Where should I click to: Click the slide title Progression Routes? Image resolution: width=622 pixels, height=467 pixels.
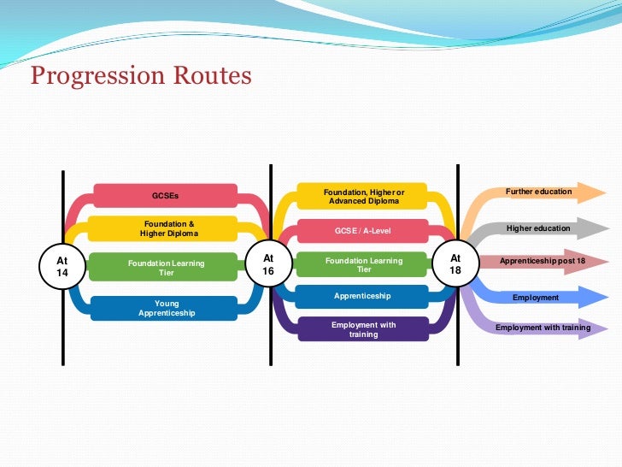click(141, 76)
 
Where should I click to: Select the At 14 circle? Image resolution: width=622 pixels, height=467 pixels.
click(62, 264)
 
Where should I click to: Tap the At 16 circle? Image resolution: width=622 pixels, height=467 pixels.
click(268, 263)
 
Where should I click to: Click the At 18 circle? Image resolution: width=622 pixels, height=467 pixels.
click(455, 263)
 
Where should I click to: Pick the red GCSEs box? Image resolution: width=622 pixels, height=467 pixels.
click(165, 196)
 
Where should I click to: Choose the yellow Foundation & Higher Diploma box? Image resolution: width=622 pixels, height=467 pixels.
click(165, 228)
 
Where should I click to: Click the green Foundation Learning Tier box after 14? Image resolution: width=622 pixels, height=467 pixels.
click(166, 268)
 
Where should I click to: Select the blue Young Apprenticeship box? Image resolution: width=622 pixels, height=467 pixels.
click(166, 308)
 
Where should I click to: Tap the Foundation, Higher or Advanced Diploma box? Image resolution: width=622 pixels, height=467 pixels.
click(363, 197)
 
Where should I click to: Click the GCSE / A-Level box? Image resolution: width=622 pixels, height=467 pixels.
click(363, 231)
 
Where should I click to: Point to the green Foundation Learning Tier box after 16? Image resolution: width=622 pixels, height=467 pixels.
click(363, 264)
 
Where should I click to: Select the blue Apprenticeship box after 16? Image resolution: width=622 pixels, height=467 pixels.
click(363, 296)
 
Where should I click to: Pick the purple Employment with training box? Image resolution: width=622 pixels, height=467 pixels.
click(363, 329)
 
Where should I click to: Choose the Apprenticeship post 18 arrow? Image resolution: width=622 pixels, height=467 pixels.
click(542, 260)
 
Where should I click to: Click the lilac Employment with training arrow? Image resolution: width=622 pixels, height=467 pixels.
click(542, 328)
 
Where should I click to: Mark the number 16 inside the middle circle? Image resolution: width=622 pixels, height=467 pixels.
click(268, 270)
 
